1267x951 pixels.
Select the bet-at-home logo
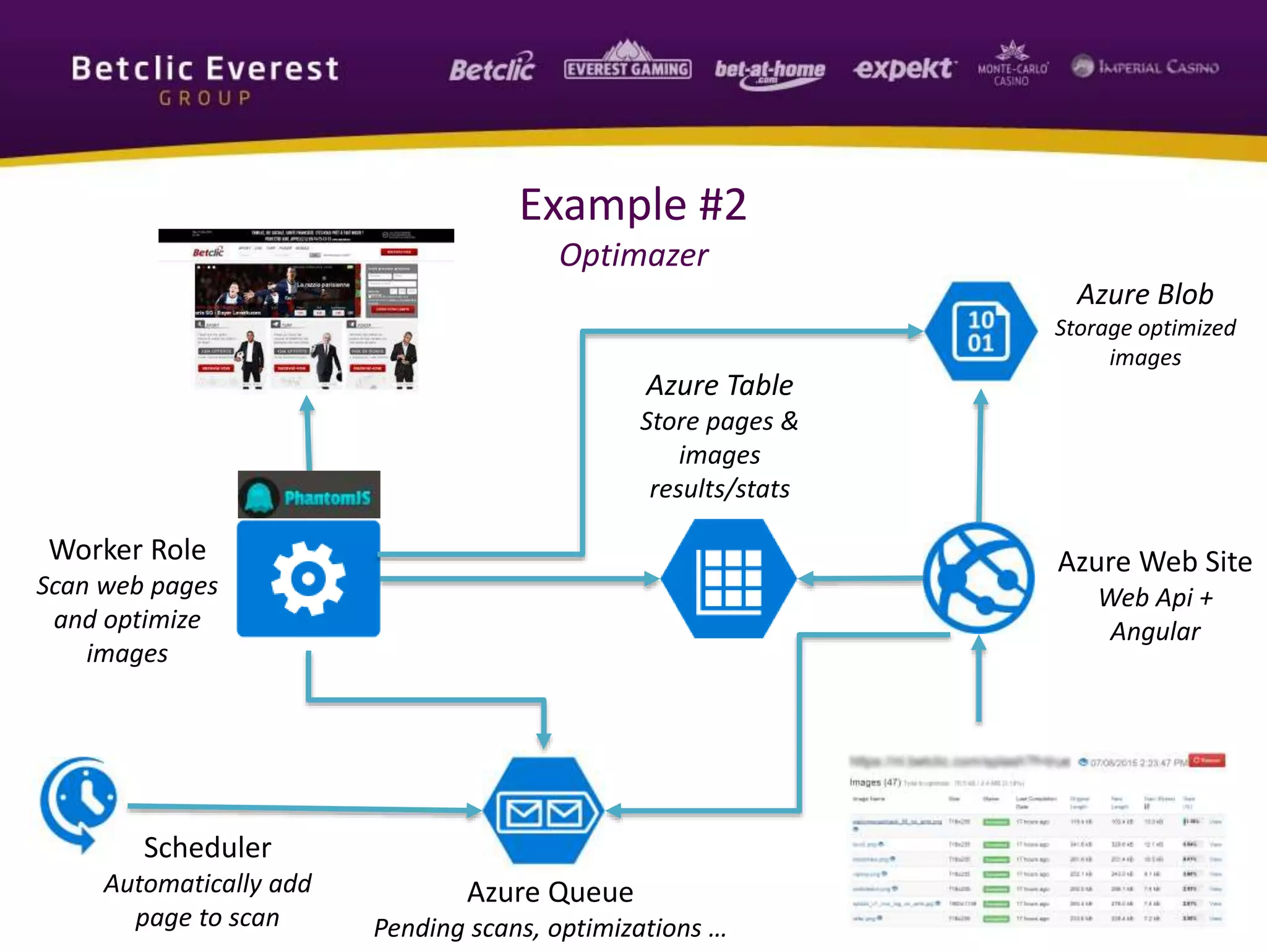coord(770,72)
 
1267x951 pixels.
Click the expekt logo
coord(904,68)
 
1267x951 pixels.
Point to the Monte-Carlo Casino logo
coord(1013,65)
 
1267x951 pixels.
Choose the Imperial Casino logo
coord(1145,66)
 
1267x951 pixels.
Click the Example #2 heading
coord(633,205)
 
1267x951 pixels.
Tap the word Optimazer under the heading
coord(633,255)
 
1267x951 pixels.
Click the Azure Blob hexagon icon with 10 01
coord(981,331)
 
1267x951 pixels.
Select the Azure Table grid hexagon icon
coord(729,579)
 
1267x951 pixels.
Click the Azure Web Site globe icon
coord(978,578)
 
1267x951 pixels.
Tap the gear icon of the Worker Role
coord(308,579)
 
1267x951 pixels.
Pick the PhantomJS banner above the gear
coord(309,495)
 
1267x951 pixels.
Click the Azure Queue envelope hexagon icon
coord(543,810)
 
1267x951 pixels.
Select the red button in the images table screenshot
coord(1207,760)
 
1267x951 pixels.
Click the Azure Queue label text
coord(550,892)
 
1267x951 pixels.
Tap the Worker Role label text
coord(127,550)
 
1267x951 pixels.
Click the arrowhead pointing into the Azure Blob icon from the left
coord(915,331)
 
